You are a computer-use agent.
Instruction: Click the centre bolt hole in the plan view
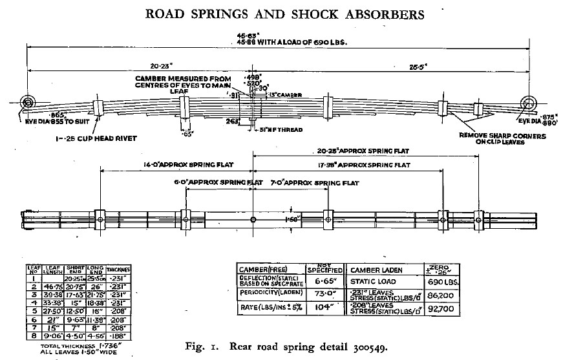[x=253, y=220]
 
